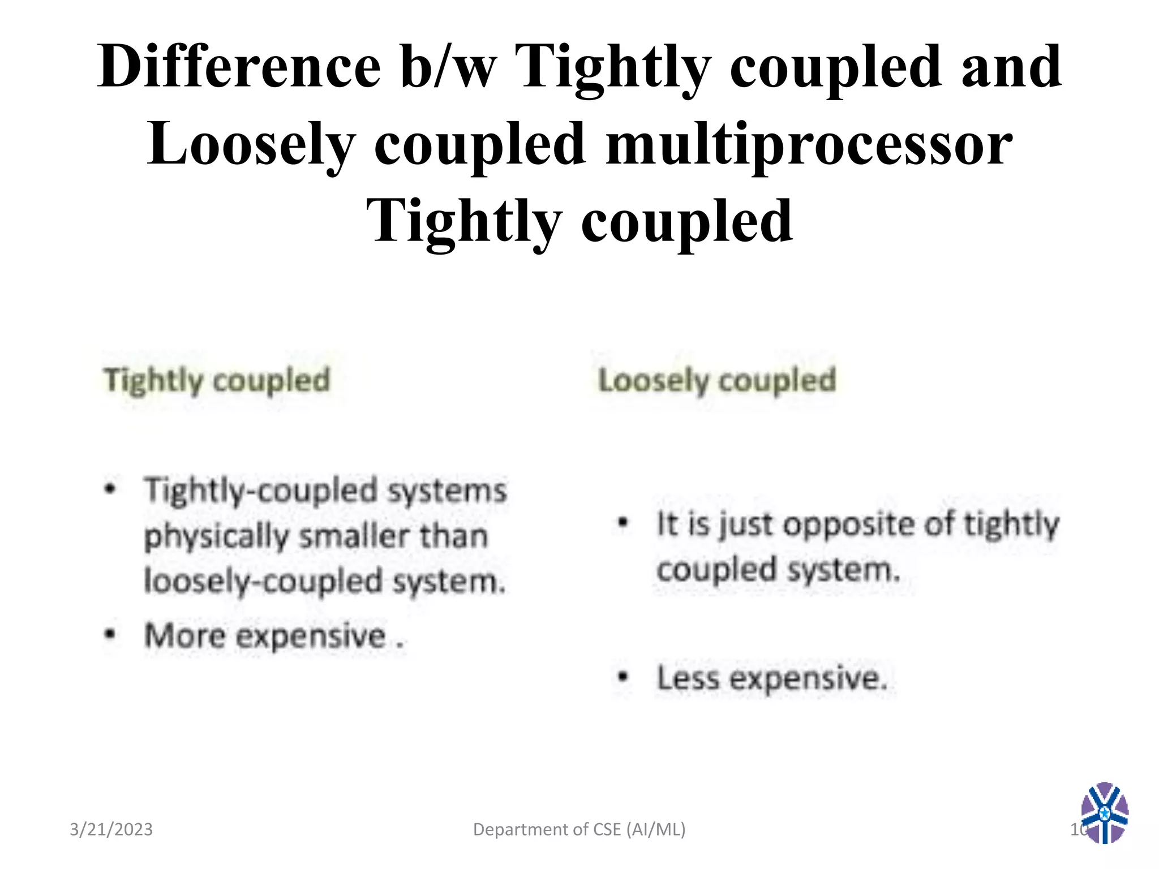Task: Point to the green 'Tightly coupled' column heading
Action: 217,380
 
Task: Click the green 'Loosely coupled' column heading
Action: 717,380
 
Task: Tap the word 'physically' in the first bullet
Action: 216,536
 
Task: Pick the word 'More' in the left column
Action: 185,635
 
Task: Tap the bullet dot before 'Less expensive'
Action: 623,677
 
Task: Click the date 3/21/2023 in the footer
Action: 111,829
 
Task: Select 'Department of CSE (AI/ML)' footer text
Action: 579,829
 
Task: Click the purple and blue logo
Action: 1104,812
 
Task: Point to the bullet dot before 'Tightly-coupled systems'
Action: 111,488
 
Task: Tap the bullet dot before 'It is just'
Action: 623,523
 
